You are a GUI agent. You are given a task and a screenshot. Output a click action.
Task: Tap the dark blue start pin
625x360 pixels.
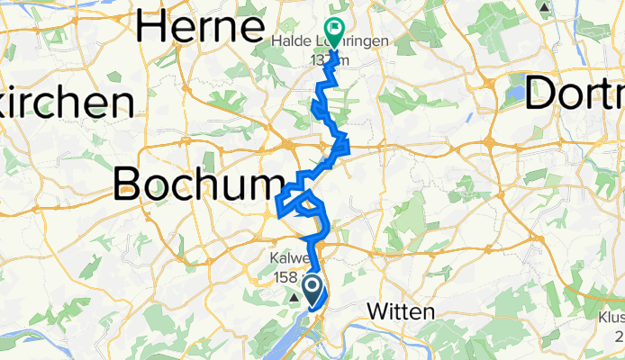pos(312,289)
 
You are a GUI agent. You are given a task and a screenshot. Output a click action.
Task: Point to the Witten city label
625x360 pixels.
pos(401,311)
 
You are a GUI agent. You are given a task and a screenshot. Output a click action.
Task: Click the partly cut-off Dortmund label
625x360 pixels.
pos(575,94)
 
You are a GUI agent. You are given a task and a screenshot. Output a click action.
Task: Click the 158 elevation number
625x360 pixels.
pos(285,277)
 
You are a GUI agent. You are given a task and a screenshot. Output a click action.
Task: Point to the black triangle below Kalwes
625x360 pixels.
pos(294,294)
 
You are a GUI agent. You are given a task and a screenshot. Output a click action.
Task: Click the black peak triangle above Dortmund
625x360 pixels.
pos(545,6)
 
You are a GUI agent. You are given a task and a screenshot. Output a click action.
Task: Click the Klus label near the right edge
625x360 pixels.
pos(611,317)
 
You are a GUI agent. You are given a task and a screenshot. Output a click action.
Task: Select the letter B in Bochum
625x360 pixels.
pos(130,185)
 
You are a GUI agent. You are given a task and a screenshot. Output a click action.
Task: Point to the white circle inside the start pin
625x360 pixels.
pos(312,286)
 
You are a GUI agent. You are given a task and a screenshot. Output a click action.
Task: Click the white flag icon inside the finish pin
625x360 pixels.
pos(334,30)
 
